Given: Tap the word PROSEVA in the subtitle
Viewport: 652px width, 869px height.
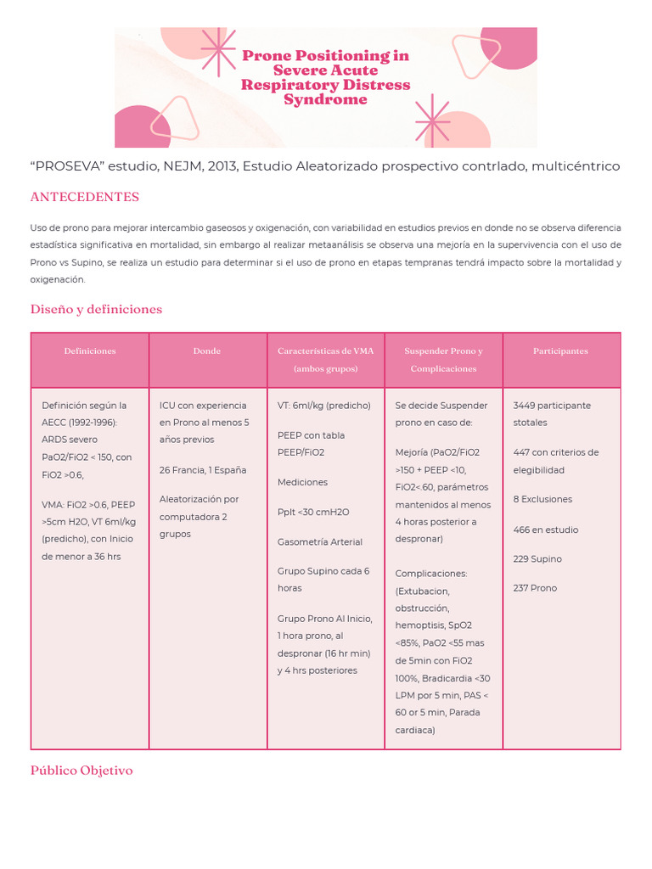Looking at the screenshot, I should pyautogui.click(x=65, y=166).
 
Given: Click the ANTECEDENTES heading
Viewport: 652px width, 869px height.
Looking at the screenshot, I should pyautogui.click(x=84, y=197).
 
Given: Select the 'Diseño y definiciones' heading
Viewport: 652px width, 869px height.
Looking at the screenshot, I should pyautogui.click(x=96, y=309).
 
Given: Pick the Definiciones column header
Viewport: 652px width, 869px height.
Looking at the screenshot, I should pyautogui.click(x=90, y=351).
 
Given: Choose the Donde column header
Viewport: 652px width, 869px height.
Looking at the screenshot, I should pyautogui.click(x=207, y=351).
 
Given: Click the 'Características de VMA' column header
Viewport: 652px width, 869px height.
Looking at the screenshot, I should pyautogui.click(x=325, y=351).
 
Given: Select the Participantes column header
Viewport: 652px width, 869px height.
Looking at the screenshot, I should pyautogui.click(x=560, y=351).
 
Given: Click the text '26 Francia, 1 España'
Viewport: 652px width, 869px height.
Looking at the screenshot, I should pyautogui.click(x=203, y=469).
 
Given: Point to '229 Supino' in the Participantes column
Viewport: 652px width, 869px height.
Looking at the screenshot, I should pyautogui.click(x=537, y=559).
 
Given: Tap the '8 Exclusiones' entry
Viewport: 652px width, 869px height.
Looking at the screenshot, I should pyautogui.click(x=542, y=499).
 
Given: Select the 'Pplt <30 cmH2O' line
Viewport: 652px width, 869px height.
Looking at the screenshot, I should pyautogui.click(x=313, y=512).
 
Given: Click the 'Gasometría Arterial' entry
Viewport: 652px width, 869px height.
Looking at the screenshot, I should pyautogui.click(x=320, y=541).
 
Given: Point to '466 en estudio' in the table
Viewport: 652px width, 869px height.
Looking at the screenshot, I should pyautogui.click(x=545, y=530).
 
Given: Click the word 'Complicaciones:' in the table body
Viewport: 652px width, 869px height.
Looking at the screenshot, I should pyautogui.click(x=431, y=574).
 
